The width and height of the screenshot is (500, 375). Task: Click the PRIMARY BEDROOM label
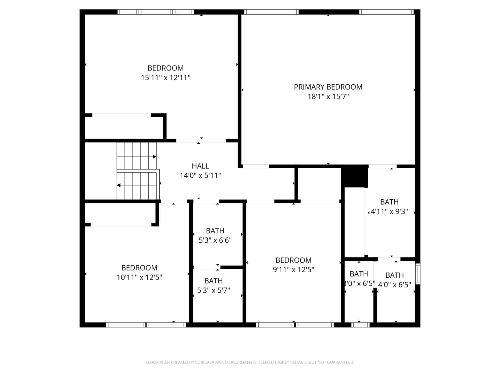click(328, 87)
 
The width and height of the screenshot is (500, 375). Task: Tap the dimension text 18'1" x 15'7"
click(328, 97)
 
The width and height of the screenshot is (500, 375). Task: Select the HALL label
click(200, 166)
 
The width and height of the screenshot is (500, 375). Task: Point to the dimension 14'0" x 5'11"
click(200, 176)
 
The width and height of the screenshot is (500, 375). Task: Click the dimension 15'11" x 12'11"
click(166, 77)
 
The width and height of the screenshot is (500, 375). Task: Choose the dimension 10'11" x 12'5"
click(139, 277)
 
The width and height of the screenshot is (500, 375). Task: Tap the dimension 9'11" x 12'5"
click(293, 270)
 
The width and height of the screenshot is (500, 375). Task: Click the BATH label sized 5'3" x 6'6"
click(215, 231)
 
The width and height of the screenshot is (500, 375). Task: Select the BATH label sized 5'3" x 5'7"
click(214, 281)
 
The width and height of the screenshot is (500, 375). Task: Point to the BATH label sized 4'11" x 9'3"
click(389, 202)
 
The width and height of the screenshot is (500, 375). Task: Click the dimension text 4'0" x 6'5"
click(394, 285)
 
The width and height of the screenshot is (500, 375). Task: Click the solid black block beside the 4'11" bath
click(355, 176)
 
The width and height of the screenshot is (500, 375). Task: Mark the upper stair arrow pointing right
click(154, 157)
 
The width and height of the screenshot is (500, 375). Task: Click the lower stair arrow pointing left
click(119, 185)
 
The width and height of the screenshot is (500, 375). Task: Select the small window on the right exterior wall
click(418, 274)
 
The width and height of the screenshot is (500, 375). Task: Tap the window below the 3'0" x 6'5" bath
click(360, 325)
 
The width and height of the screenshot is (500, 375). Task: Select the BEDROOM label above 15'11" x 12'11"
click(166, 68)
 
